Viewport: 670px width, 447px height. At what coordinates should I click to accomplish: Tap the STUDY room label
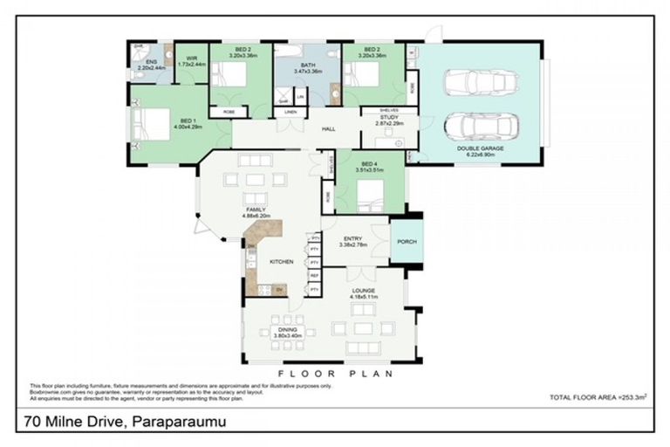click(x=390, y=117)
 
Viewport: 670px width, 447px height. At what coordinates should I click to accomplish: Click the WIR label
click(x=191, y=60)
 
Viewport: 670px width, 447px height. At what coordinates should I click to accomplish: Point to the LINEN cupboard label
click(x=291, y=113)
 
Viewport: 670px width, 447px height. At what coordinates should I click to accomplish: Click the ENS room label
click(x=151, y=62)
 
